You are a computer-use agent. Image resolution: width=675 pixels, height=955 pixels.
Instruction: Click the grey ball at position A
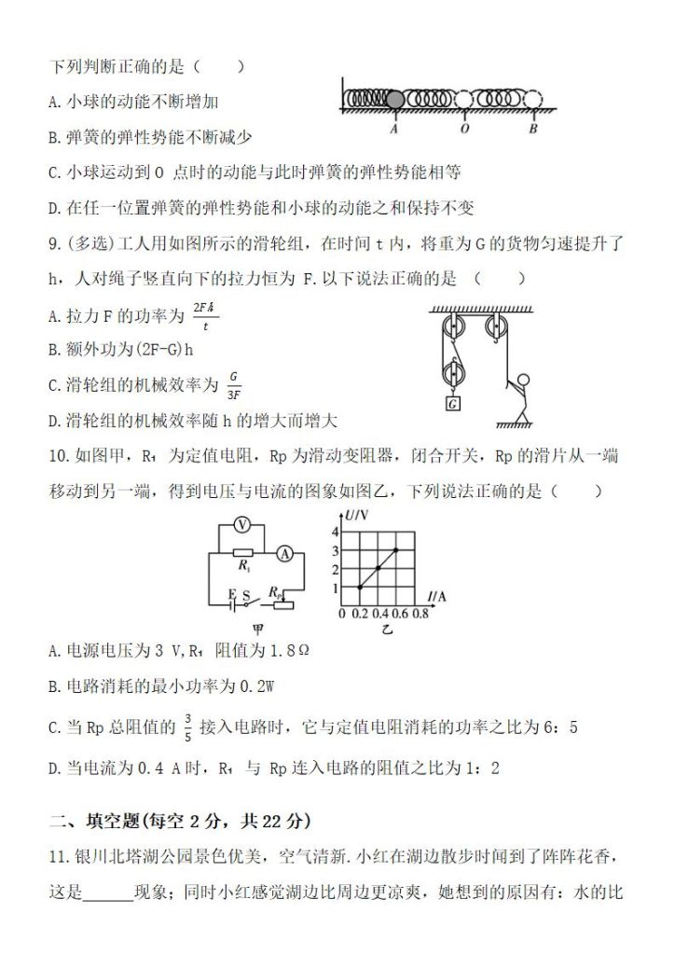point(394,98)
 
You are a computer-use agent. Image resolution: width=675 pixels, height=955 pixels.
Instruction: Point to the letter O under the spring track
point(463,129)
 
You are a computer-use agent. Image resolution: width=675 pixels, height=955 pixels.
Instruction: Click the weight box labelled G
point(452,404)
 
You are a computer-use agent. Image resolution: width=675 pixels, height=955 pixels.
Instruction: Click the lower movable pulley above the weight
point(452,373)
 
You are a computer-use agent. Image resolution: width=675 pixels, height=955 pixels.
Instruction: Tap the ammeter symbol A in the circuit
point(286,554)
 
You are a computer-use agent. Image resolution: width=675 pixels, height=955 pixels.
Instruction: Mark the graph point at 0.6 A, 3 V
point(396,550)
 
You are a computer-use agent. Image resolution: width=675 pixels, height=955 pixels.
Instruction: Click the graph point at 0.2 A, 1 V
point(360,588)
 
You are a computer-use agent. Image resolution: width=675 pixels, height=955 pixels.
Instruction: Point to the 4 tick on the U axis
point(336,531)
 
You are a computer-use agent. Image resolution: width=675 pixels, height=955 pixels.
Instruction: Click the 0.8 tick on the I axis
point(420,614)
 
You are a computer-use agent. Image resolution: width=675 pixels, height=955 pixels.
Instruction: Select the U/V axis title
point(355,515)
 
